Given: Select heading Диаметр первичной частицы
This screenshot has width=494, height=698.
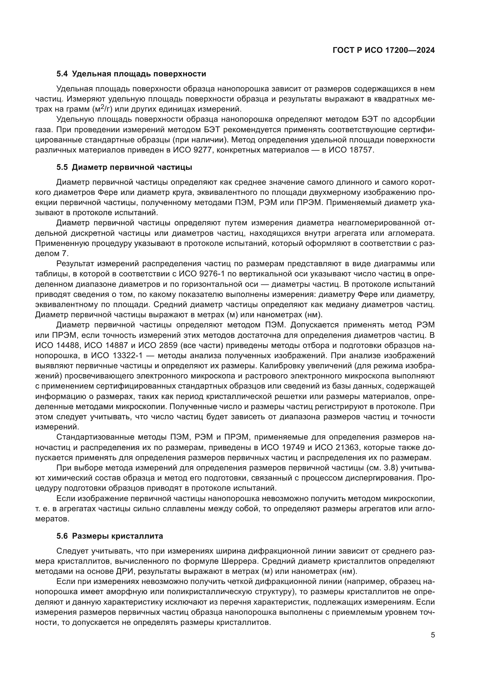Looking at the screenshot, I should click(x=132, y=167).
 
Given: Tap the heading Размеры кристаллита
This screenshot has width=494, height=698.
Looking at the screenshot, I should click(x=117, y=536).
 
